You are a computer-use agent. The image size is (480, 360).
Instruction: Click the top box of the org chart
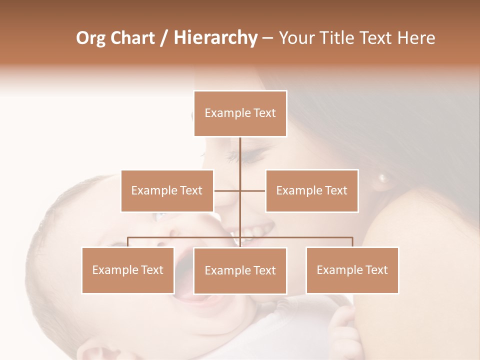coord(240,113)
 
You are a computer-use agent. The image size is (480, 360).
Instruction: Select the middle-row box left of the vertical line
coord(167,190)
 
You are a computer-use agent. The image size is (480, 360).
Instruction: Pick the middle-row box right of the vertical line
coord(311,190)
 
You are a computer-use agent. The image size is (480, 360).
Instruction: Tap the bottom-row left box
coord(128,270)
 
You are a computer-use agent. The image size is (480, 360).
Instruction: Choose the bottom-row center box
coord(240,270)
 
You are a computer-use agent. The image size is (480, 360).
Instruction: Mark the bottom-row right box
coord(352,270)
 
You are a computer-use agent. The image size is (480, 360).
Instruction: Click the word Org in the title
coord(90,38)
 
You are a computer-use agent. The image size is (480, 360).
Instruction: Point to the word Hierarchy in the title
coord(215,38)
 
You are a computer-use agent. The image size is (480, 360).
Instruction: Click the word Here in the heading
coord(417,38)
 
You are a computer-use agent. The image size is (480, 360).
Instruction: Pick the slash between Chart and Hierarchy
coord(164,38)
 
